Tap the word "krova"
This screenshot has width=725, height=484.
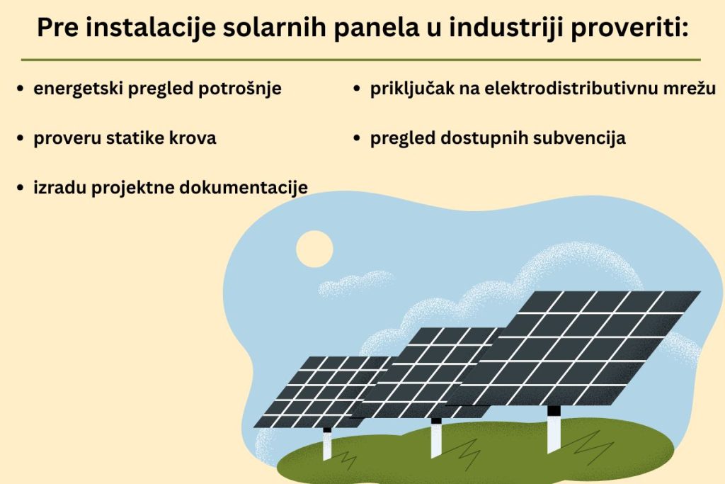193,138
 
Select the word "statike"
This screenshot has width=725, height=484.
136,138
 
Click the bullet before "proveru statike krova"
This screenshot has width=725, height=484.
21,139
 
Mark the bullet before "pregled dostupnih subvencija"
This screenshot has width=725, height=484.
358,139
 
